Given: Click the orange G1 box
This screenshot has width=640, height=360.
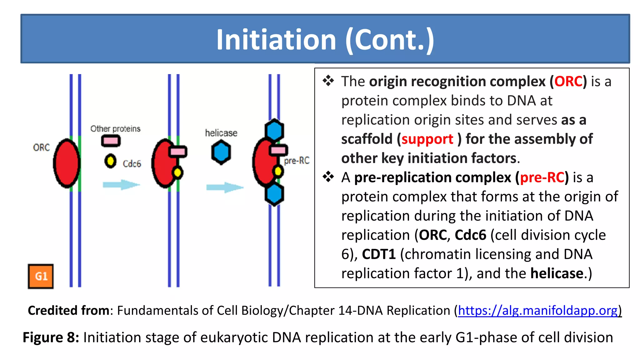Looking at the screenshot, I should click(41, 276).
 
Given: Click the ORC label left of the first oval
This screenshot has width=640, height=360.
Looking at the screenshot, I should click(41, 147).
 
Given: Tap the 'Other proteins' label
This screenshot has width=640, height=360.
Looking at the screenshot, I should click(115, 129).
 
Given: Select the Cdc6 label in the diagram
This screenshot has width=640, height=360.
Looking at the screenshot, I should click(132, 164).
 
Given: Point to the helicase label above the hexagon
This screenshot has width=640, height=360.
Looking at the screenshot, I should click(221, 133).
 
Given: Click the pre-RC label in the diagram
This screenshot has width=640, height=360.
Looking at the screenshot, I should click(297, 161).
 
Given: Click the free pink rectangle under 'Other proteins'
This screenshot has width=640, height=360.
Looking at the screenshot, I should click(111, 141).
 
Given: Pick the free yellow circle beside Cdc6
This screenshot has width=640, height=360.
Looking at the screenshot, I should click(110, 161).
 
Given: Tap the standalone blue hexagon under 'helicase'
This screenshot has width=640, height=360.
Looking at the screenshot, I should click(221, 152).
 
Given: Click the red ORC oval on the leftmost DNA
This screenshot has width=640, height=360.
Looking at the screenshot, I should click(66, 163).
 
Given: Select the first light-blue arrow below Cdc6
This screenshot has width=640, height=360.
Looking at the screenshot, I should click(121, 185).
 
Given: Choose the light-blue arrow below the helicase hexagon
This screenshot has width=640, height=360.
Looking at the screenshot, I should click(224, 187).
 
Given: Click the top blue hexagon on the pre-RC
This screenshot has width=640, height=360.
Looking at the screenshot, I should click(274, 130).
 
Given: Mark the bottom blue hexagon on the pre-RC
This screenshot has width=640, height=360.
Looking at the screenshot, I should click(274, 194).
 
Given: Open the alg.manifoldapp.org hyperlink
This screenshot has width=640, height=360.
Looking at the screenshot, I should click(537, 311).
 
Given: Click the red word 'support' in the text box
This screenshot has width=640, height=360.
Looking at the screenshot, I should click(427, 139).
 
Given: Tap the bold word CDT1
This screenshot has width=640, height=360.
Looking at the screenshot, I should click(379, 254).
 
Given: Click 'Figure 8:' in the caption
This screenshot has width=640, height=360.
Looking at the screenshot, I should click(51, 337).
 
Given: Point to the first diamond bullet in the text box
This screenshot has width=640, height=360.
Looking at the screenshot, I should click(328, 81).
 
